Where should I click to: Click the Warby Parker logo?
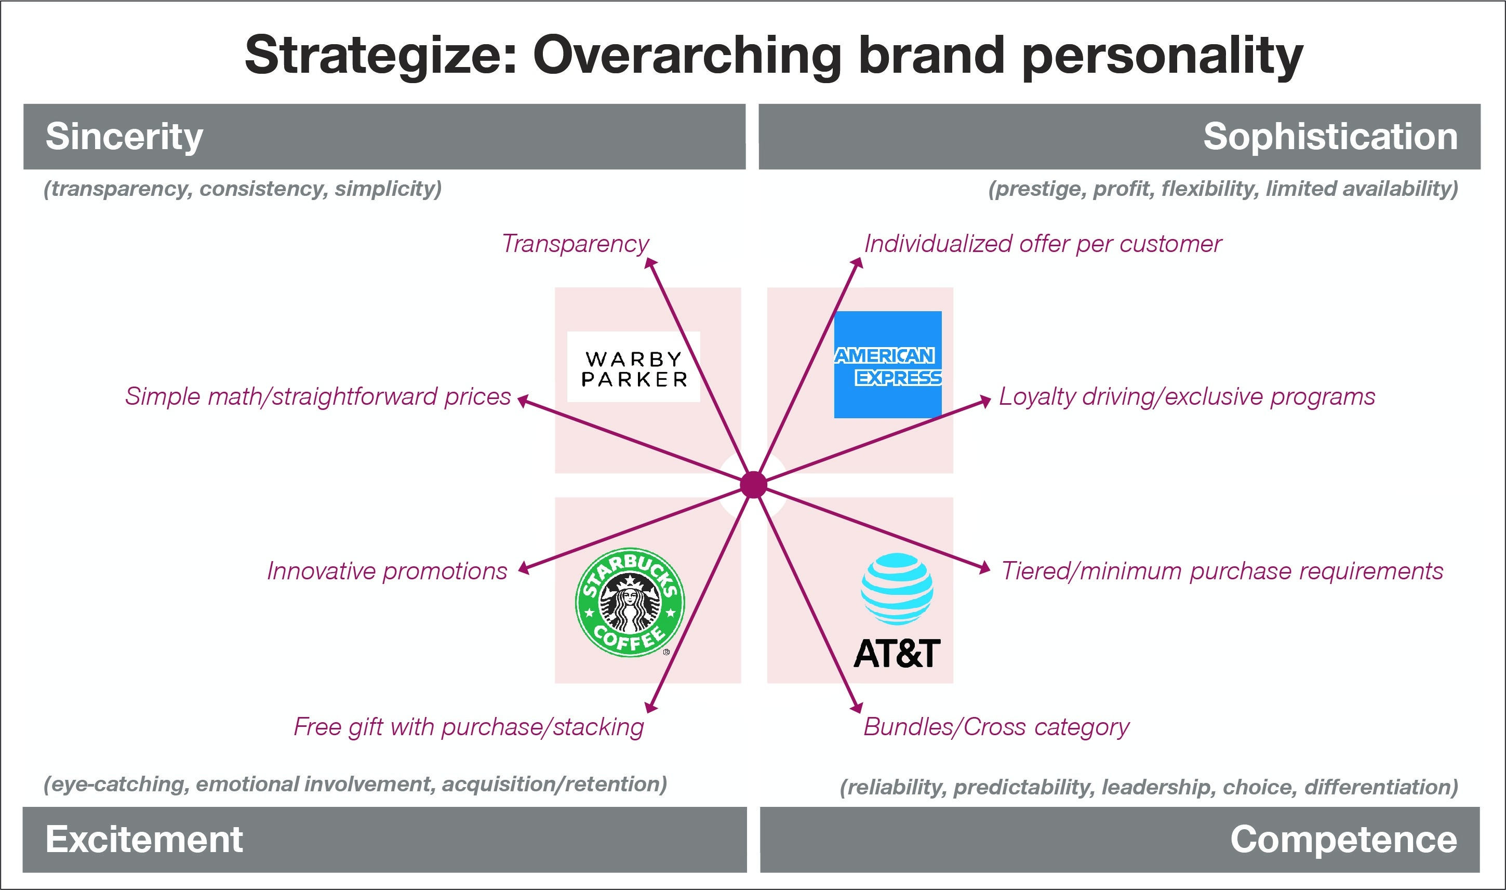[634, 367]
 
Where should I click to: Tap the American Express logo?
[888, 365]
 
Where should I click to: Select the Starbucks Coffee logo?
[630, 602]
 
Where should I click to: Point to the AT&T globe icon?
[897, 589]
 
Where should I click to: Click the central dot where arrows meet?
[754, 485]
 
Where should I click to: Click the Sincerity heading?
[124, 137]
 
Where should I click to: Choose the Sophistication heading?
[1330, 137]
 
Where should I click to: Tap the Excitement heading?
[144, 839]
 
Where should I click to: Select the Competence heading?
[1343, 839]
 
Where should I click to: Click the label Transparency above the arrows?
[576, 244]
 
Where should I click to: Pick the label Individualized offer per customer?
[1043, 244]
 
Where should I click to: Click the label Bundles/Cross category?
[996, 727]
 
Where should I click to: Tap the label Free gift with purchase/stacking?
[469, 727]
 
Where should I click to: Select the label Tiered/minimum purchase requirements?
[1222, 571]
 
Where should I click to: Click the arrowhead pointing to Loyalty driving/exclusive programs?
[985, 401]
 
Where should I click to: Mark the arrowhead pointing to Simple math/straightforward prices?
[523, 401]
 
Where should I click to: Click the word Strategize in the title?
[381, 56]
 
